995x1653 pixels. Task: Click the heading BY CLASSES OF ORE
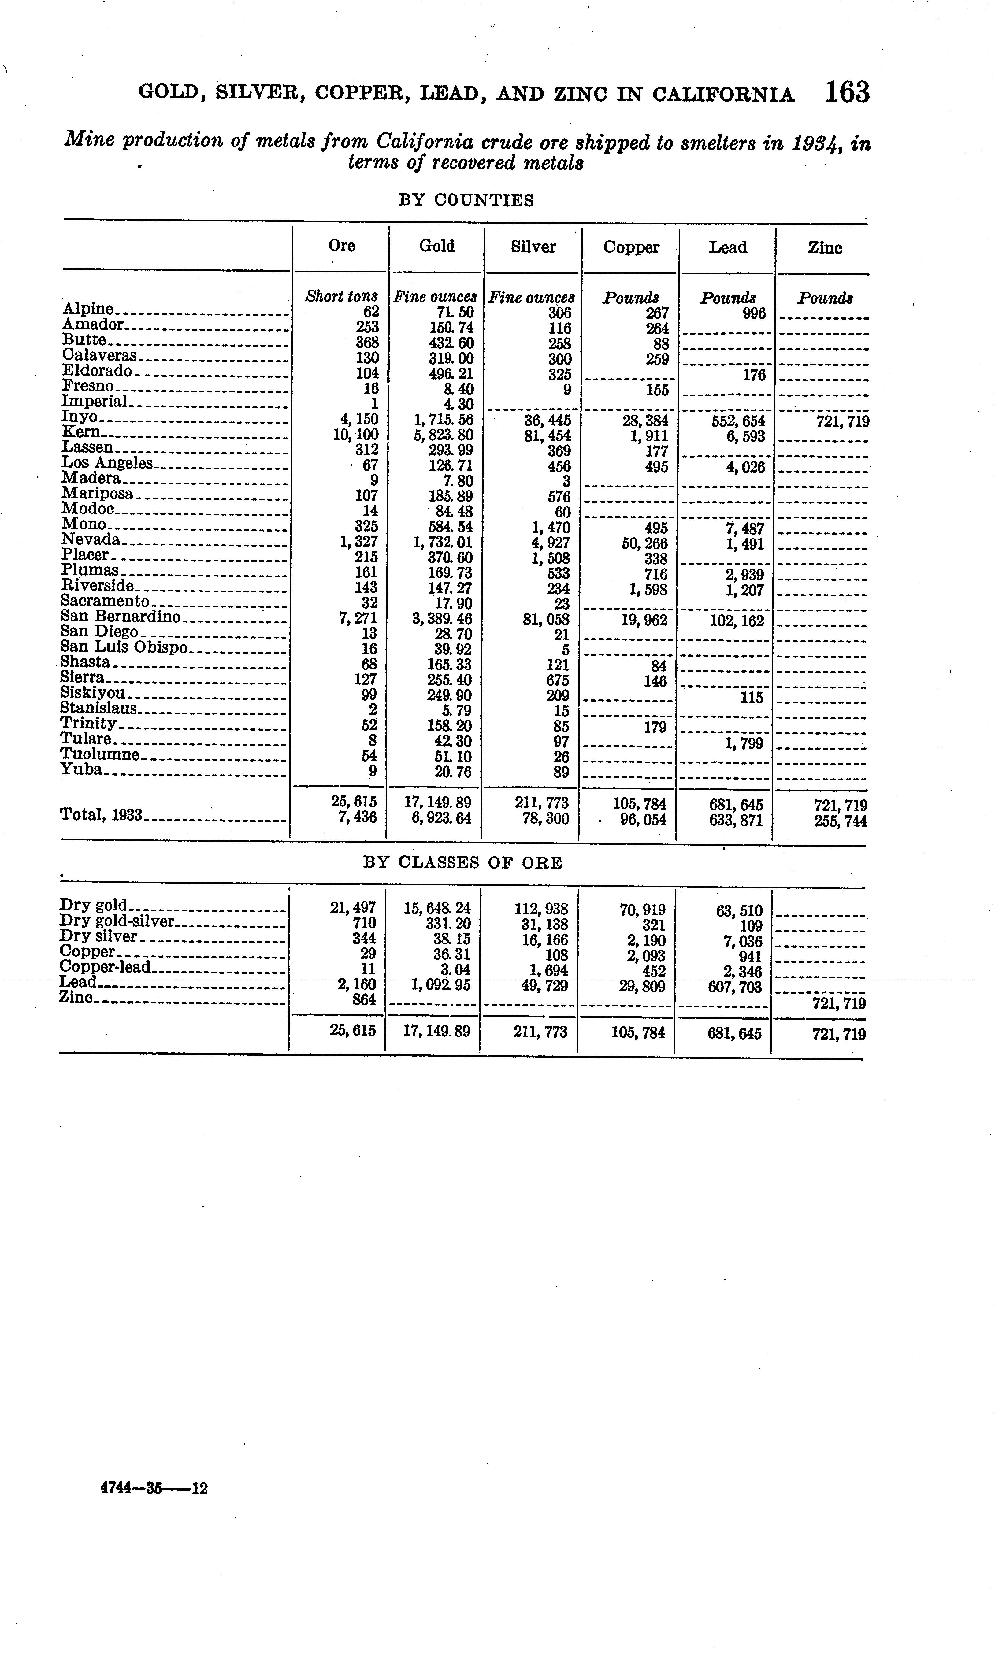[x=462, y=863]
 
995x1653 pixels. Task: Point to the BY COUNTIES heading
[x=466, y=200]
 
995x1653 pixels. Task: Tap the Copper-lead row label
[x=105, y=967]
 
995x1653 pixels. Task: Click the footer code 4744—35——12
[x=154, y=1488]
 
